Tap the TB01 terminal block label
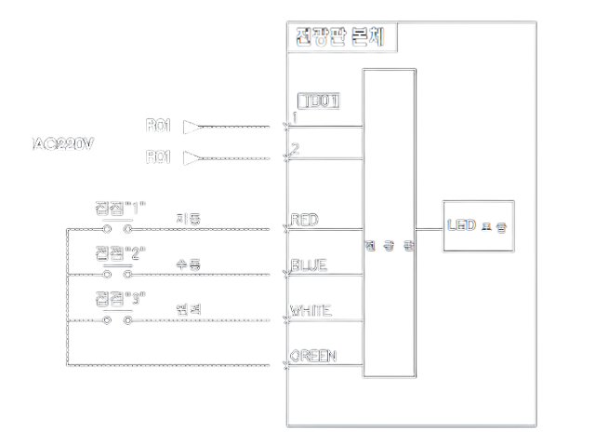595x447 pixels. (x=318, y=101)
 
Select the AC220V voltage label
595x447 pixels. (x=63, y=144)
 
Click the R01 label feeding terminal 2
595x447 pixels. (x=158, y=158)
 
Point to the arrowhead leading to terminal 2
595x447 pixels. (x=192, y=158)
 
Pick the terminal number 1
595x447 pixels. (x=296, y=118)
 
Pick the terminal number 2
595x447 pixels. (x=296, y=149)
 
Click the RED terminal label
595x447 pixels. (x=305, y=220)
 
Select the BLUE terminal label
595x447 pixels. (x=309, y=265)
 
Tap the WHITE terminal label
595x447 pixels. (x=311, y=310)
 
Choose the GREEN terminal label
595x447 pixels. (x=313, y=356)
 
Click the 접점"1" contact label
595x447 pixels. (x=121, y=208)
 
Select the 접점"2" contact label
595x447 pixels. (x=121, y=253)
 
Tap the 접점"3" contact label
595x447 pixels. (x=121, y=298)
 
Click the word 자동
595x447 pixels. (x=189, y=220)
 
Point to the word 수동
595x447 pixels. (x=189, y=265)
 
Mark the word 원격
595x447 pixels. (x=189, y=310)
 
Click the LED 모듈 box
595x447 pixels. (x=478, y=226)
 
